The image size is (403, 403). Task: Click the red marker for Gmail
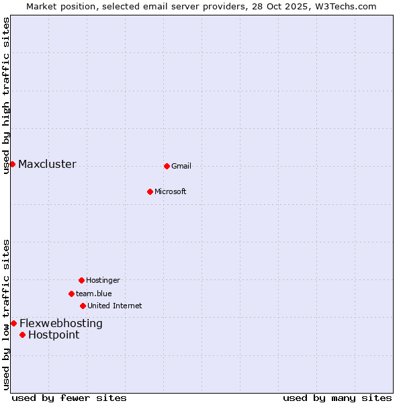point(167,166)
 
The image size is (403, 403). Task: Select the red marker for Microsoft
point(150,191)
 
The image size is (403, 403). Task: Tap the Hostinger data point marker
point(81,280)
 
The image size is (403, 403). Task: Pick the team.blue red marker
point(71,294)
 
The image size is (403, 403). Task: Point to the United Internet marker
point(83,306)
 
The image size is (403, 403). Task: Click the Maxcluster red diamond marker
point(12,164)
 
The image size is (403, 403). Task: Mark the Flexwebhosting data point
point(13,323)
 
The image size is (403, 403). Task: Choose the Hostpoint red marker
point(22,334)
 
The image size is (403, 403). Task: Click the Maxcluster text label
point(47,165)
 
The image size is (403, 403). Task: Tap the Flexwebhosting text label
point(60,324)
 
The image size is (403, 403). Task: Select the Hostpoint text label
point(54,335)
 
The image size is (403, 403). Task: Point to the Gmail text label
point(181,167)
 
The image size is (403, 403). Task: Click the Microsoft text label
point(171,192)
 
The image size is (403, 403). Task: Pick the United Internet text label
point(114,306)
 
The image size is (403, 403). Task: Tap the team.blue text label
point(94,294)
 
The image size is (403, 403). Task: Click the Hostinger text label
point(103,281)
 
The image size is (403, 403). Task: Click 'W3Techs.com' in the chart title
point(346,6)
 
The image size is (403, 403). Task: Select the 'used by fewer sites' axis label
point(69,398)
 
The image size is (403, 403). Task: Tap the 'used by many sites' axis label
point(337,398)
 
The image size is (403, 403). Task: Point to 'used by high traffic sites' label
point(6,95)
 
